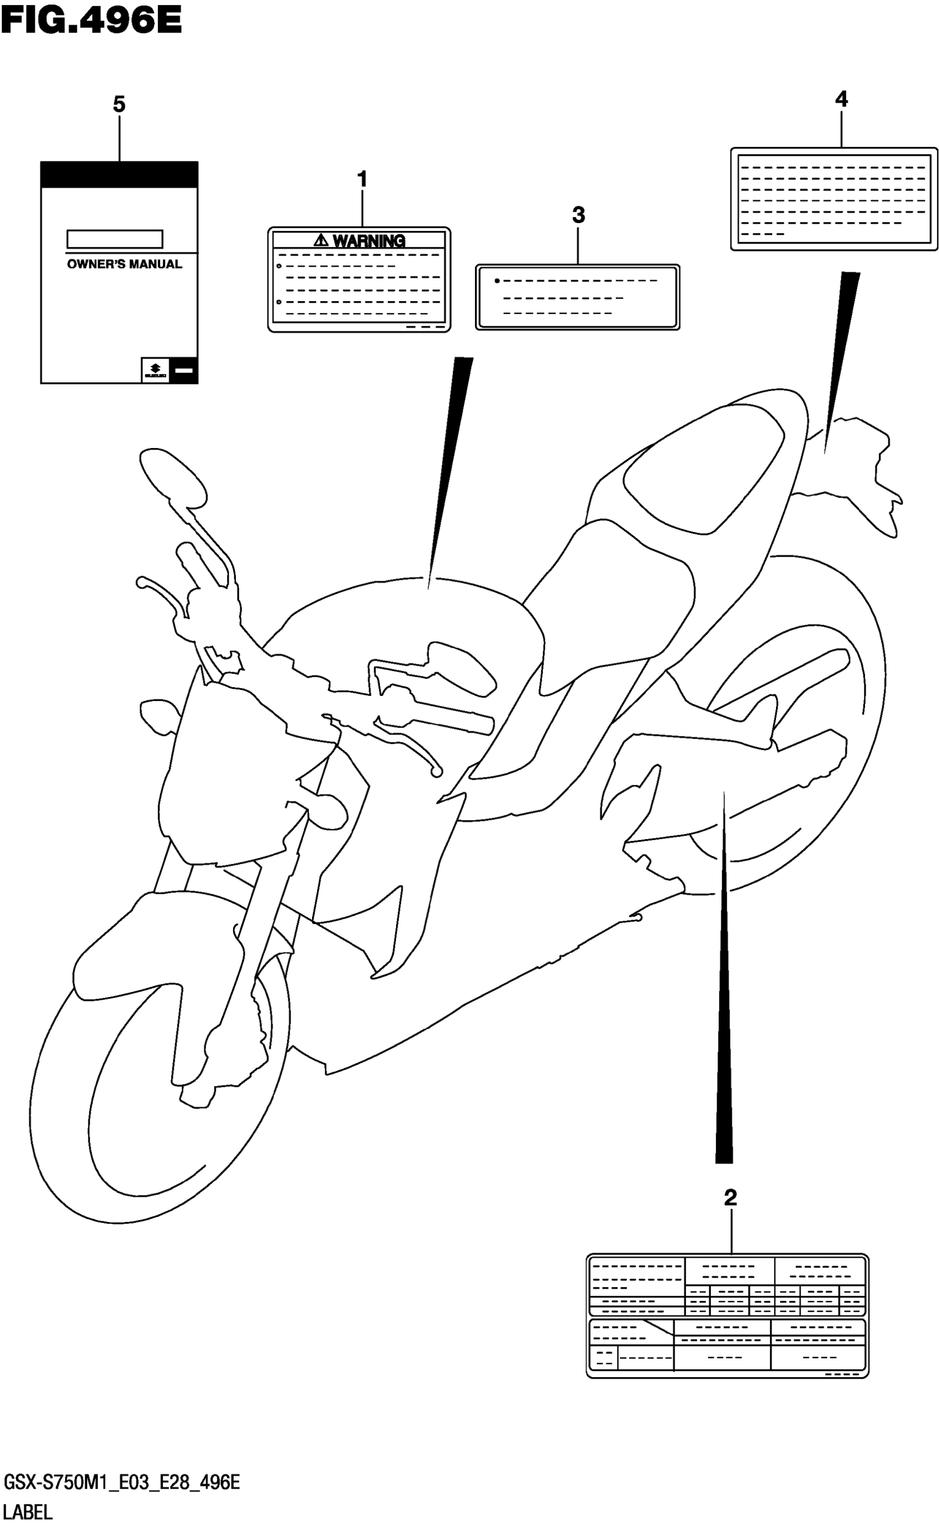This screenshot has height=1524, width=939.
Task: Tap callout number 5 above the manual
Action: coord(119,104)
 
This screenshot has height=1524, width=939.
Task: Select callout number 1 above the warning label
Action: coord(362,180)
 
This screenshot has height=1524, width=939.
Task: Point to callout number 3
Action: coord(578,215)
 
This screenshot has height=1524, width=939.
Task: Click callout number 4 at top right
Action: coord(841,99)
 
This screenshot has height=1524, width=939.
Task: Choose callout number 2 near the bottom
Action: coord(730,1198)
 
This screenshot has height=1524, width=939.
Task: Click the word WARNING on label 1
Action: coord(369,241)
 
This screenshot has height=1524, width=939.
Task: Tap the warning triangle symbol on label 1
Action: coord(320,240)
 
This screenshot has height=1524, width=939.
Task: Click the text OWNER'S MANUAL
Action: coord(124,264)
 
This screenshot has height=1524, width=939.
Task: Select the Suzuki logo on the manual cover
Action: coord(155,371)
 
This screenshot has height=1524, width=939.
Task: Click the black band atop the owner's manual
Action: coord(119,175)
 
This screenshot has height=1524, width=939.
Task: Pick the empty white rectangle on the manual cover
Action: coord(115,239)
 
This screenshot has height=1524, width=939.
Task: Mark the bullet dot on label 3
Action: coord(497,281)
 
